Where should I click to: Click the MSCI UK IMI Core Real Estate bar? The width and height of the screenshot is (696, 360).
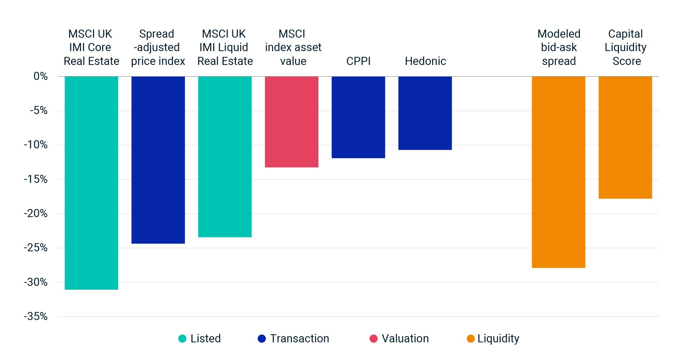(x=91, y=182)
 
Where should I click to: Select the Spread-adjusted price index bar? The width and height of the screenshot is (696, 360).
(x=158, y=159)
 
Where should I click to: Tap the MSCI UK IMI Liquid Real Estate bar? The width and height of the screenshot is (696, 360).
(x=225, y=156)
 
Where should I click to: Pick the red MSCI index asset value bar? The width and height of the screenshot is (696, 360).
(x=292, y=121)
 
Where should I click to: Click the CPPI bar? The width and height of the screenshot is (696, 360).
(x=358, y=117)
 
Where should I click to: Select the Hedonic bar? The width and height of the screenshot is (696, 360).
(x=425, y=113)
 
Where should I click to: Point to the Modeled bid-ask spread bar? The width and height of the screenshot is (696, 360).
(x=558, y=172)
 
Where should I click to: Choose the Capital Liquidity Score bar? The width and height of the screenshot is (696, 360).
(x=625, y=137)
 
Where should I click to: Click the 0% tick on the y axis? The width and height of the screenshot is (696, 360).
(x=40, y=76)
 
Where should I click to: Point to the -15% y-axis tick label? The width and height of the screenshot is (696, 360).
(x=36, y=179)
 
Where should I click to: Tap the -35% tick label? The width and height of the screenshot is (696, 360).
(x=36, y=316)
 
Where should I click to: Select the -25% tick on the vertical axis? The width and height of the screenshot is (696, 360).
(x=36, y=248)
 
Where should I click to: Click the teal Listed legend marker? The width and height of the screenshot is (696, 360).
(x=182, y=338)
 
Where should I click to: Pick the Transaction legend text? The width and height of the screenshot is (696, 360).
(x=299, y=338)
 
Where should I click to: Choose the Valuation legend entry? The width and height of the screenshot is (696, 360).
(x=405, y=338)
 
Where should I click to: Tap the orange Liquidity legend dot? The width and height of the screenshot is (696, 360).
(x=471, y=338)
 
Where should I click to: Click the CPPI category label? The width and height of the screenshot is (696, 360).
(x=358, y=61)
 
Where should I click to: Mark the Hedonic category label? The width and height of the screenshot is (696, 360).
(x=425, y=61)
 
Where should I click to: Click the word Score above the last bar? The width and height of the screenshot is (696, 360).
(x=626, y=61)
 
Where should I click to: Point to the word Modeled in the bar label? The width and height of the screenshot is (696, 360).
(x=558, y=34)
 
